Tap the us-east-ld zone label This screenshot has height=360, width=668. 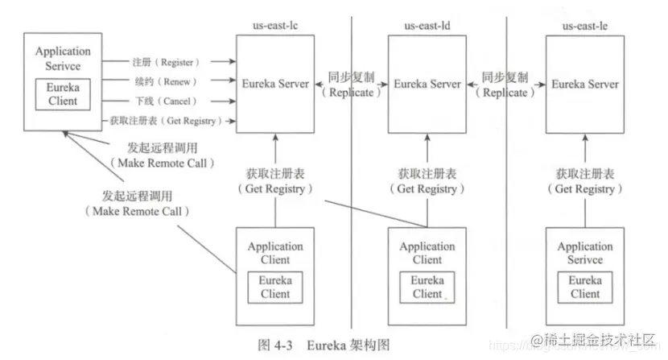[428, 27]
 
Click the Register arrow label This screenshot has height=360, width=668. [167, 62]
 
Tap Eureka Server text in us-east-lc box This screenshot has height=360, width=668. [275, 84]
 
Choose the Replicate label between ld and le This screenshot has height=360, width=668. [505, 85]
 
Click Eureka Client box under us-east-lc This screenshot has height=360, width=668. [275, 287]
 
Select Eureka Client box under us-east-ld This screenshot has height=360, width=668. [427, 287]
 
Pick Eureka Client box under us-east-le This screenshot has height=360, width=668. [584, 287]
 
